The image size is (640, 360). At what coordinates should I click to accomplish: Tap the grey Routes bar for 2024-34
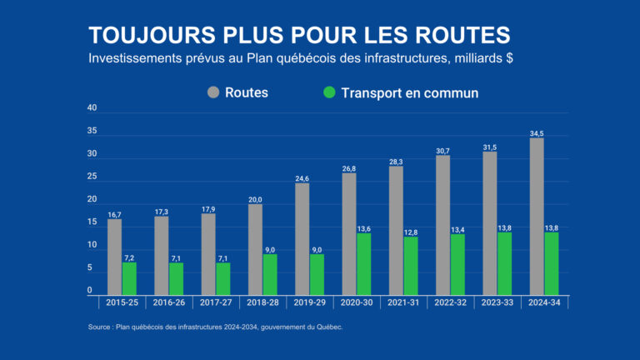pos(537,217)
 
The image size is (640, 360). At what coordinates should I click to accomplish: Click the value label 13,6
pos(364,227)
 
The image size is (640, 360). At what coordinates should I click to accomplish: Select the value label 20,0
pos(255,199)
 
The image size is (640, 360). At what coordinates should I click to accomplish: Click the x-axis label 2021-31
pos(403,302)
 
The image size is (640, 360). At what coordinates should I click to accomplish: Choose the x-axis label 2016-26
pos(169,302)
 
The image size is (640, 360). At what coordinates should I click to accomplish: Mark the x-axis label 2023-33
pos(497,302)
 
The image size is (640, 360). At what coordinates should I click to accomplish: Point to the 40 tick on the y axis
pos(92,108)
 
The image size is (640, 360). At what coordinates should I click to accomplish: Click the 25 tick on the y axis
pos(92,177)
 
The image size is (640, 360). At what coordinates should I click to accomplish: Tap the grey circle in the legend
pos(213,92)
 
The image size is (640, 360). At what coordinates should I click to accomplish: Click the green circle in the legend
pos(329,92)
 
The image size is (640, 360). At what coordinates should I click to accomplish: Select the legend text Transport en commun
pos(409,92)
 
